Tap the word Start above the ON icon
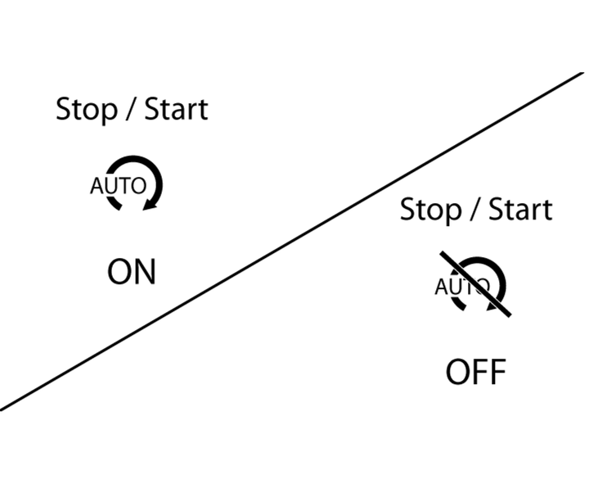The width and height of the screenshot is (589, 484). (176, 109)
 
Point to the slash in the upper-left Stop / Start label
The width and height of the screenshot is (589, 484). (130, 110)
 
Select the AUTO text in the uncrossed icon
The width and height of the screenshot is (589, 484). (118, 186)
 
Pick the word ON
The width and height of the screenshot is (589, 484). (131, 272)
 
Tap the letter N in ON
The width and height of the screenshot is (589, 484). (144, 272)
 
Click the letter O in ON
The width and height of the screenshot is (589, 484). (119, 272)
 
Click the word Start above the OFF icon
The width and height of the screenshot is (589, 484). (520, 210)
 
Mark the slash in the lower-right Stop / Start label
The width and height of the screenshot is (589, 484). (474, 210)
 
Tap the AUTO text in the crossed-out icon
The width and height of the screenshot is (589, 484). (462, 287)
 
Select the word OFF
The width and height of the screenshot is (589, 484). (476, 373)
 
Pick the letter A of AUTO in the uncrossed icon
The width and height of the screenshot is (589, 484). (97, 186)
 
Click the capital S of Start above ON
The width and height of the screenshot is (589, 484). (152, 110)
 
